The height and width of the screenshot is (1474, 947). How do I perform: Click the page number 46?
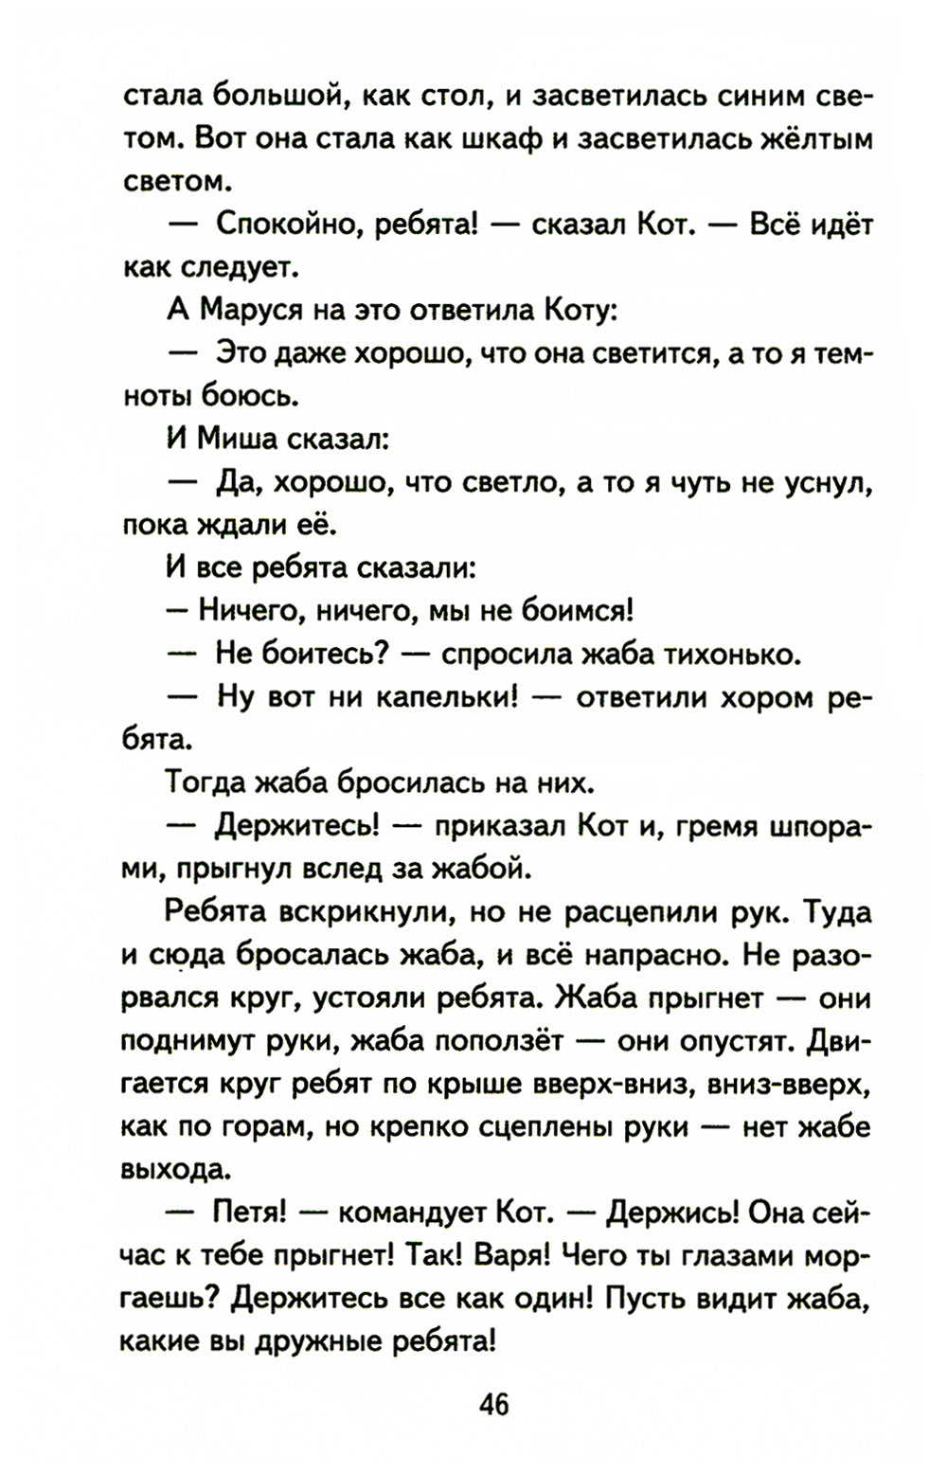[493, 1404]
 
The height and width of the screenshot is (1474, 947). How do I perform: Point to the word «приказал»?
[499, 826]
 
